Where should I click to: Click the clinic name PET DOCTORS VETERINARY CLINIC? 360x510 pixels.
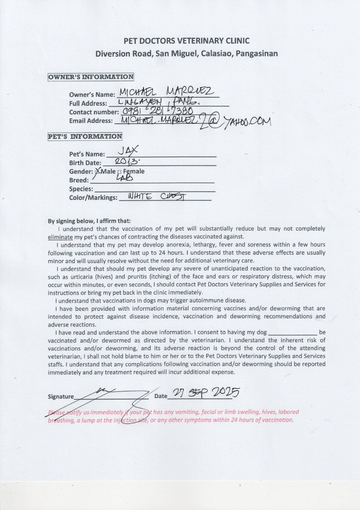186,41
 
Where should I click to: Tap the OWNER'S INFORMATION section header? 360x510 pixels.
91,77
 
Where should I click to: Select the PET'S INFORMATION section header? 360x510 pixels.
85,136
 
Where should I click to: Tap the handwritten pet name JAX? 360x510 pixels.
128,152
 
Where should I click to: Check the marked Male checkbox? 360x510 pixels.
98,171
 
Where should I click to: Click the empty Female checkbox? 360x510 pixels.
119,172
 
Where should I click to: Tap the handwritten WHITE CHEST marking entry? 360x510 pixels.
154,197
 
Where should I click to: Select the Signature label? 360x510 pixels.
61,397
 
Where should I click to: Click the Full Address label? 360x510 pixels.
87,103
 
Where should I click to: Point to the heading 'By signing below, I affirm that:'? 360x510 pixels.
89,221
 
